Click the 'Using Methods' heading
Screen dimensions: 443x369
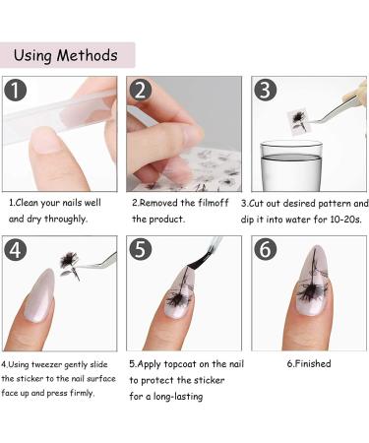[x=68, y=54]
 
